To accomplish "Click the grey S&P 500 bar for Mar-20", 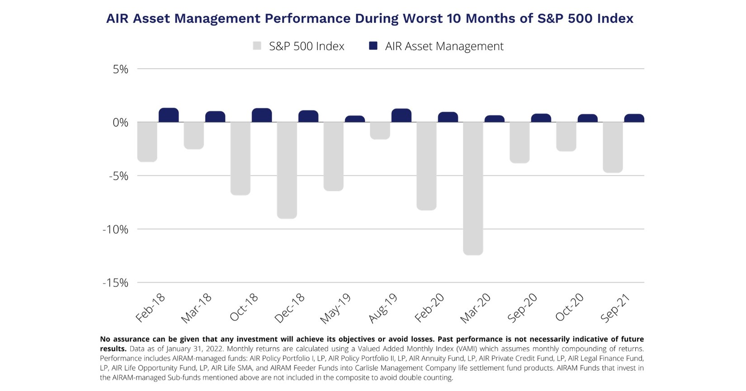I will coord(473,188).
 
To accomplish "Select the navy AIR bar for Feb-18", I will coord(169,115).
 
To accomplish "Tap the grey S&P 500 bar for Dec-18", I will coord(287,170).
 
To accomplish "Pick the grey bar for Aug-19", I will coord(380,130).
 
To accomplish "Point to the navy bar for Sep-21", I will coord(634,118).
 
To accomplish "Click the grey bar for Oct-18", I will coord(240,158).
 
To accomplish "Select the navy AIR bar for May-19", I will coord(355,119).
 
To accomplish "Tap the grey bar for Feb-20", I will coord(426,166).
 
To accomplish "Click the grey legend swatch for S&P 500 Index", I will coord(257,46).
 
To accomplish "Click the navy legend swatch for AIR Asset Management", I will coord(373,46).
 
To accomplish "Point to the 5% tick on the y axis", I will coord(121,69).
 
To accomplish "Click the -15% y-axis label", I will coord(116,283).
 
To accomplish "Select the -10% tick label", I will coord(116,229).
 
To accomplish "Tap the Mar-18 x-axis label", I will coord(197,308).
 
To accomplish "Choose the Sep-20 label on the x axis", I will coord(523,308).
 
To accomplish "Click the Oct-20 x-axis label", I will coord(570,308).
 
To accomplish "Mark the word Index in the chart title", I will coord(614,19).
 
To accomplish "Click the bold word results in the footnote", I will coord(113,349).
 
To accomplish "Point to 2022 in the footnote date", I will coord(214,349).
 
